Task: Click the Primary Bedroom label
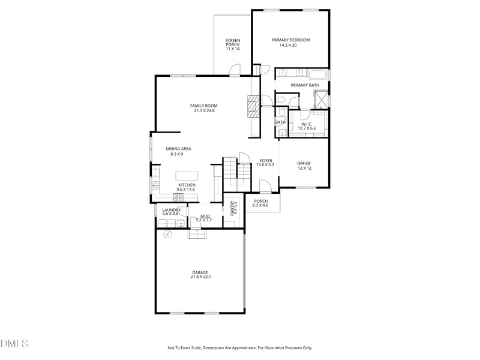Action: (x=290, y=40)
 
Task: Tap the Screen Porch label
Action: (x=233, y=43)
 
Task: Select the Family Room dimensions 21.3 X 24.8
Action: (x=204, y=111)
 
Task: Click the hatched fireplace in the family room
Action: (x=253, y=106)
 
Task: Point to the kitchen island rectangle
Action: (x=187, y=176)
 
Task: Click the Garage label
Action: (x=200, y=272)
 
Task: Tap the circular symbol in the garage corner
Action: (x=167, y=235)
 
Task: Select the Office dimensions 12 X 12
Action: (x=305, y=169)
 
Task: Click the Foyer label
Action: (x=266, y=161)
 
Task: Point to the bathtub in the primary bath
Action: (x=317, y=75)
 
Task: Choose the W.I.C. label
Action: (x=307, y=124)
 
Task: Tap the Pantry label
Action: (x=232, y=208)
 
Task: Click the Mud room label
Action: (x=205, y=217)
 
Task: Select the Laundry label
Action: (x=172, y=210)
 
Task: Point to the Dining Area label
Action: (x=178, y=149)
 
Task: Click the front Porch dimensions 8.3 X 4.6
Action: (x=260, y=205)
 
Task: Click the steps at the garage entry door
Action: (x=197, y=234)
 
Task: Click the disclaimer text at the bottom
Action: (x=239, y=348)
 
